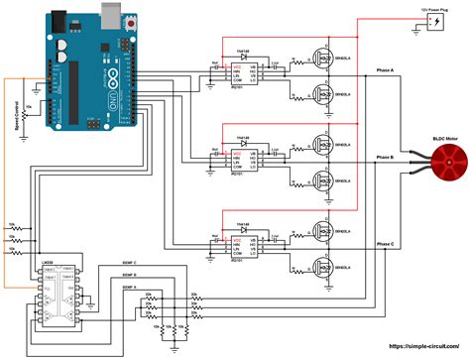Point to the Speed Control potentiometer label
pos(17,114)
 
